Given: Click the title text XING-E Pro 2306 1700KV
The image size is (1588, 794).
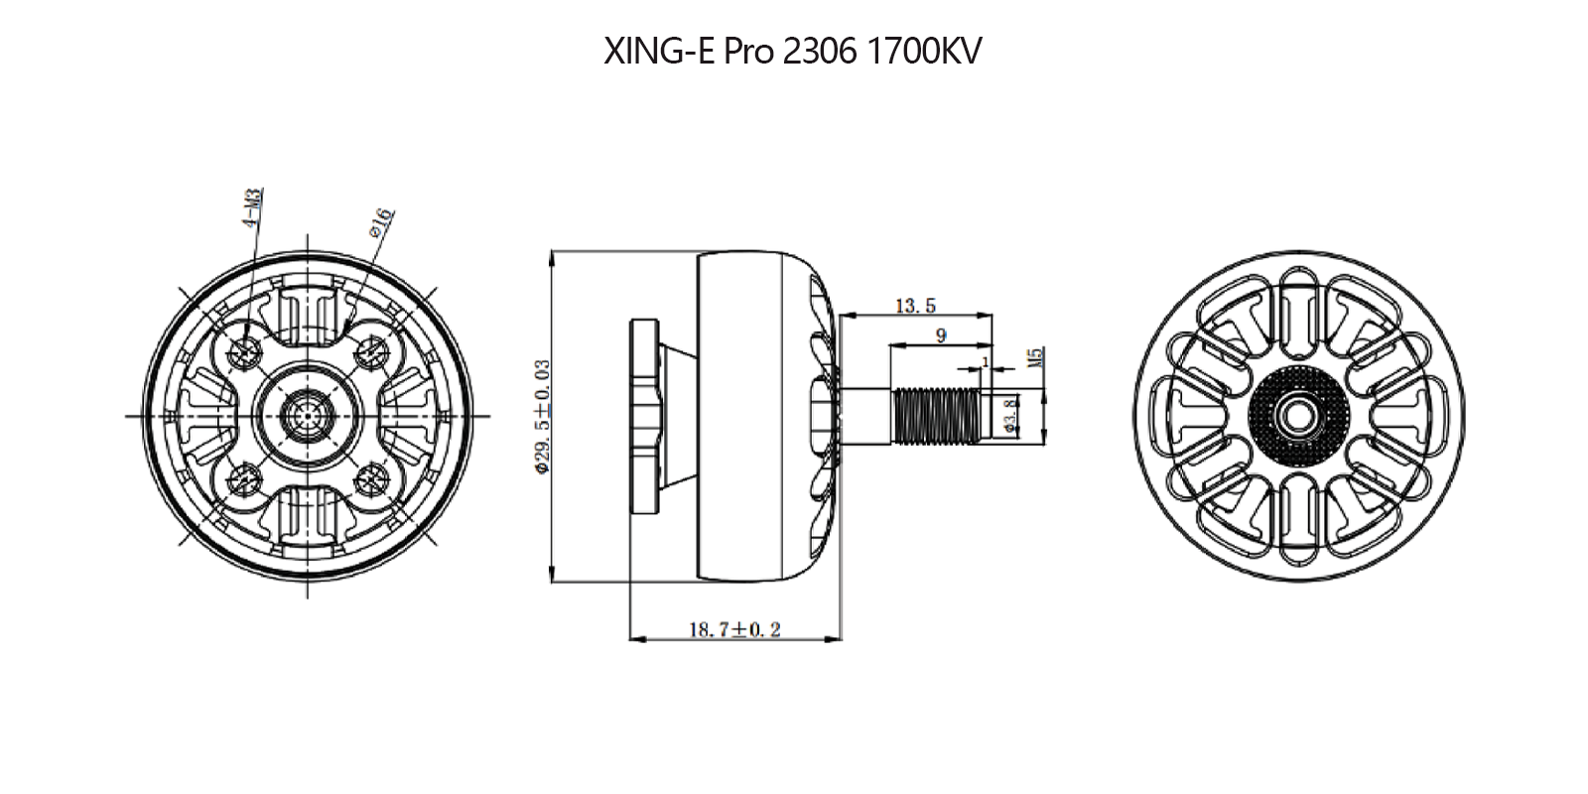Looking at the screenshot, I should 792,52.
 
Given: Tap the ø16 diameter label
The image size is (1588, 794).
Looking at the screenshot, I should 381,223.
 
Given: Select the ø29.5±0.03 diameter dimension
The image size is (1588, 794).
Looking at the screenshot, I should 542,417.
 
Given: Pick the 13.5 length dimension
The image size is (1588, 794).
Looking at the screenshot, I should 915,306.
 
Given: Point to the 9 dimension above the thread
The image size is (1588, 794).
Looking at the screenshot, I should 941,335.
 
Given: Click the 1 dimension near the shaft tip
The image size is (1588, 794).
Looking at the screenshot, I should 985,360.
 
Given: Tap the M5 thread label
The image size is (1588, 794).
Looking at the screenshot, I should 1035,357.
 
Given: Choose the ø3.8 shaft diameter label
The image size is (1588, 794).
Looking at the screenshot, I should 1010,415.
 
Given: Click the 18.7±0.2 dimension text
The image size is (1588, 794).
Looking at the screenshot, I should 734,629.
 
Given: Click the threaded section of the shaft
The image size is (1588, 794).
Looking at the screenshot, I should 937,415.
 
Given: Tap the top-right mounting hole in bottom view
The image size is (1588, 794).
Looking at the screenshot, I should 372,349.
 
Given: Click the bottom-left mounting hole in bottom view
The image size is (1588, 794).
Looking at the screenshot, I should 244,480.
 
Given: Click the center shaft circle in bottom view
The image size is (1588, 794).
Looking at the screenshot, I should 308,415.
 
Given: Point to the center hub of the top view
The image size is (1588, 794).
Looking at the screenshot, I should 1298,415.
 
